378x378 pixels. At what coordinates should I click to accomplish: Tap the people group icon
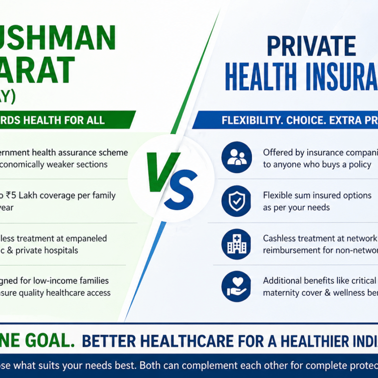pyautogui.click(x=236, y=157)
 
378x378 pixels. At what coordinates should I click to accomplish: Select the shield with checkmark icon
pyautogui.click(x=236, y=200)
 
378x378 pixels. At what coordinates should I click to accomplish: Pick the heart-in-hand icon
pyautogui.click(x=236, y=286)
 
